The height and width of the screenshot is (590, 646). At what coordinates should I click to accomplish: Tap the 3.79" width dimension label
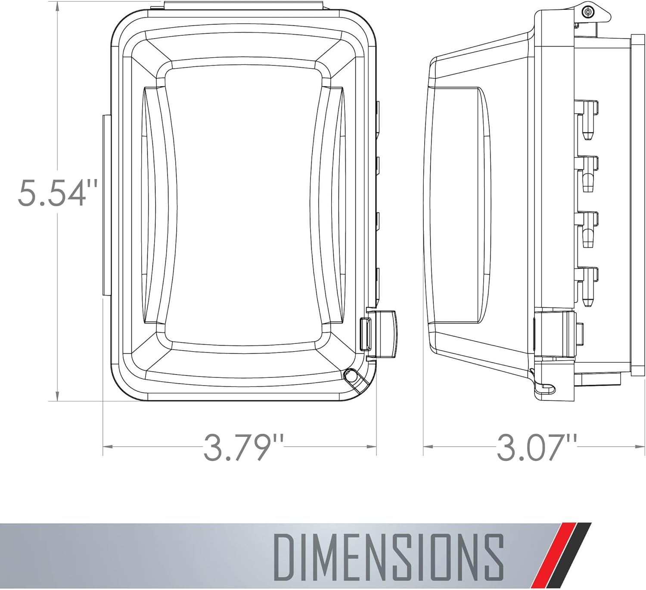point(243,448)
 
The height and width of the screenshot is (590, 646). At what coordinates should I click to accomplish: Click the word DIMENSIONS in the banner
point(389,561)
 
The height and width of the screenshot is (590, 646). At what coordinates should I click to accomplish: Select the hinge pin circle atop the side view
point(588,12)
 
